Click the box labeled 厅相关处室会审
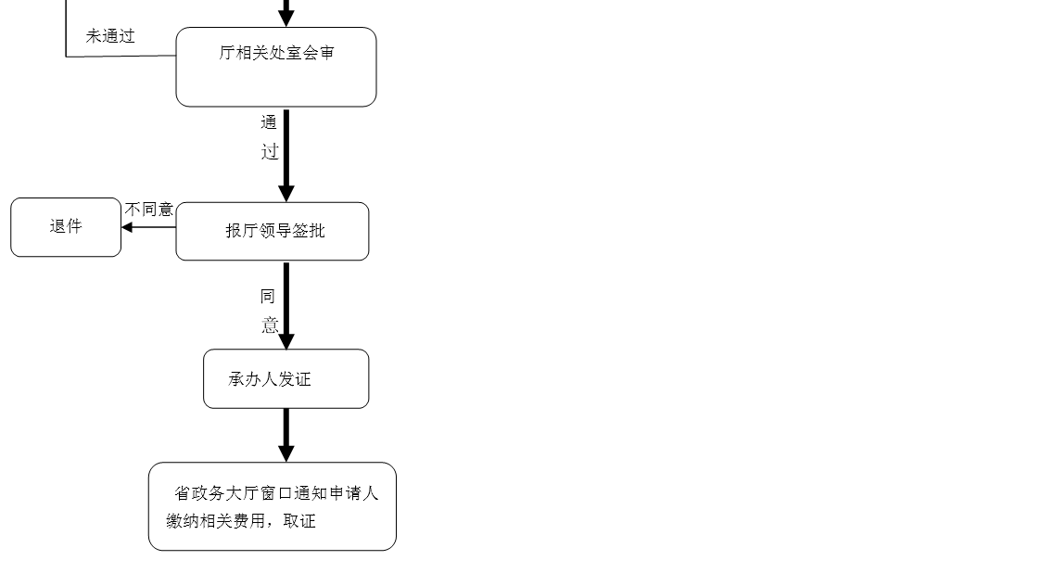[276, 67]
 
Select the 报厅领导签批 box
[273, 231]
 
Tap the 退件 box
[66, 227]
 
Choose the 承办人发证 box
[286, 378]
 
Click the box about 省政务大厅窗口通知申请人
[273, 506]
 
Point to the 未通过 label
[110, 36]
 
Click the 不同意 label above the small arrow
[149, 210]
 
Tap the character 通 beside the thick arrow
[269, 122]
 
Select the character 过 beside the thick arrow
[270, 152]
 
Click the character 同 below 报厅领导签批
[268, 297]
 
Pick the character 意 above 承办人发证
[270, 325]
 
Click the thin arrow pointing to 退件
[148, 227]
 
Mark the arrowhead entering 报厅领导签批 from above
[286, 194]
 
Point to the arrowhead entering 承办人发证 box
[286, 341]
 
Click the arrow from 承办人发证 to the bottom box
[286, 435]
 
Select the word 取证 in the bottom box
[299, 521]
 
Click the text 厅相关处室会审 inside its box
[276, 53]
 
